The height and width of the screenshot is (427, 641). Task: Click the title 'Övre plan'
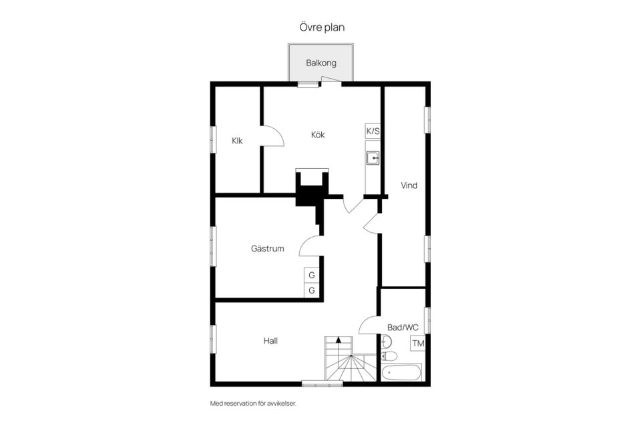[322, 27]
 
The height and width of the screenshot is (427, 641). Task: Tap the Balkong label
[321, 63]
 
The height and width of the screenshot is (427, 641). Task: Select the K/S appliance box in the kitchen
[373, 131]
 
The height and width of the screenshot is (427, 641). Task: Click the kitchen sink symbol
[373, 157]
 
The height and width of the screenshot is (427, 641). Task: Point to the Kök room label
[318, 134]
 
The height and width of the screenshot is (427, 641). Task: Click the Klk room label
[237, 141]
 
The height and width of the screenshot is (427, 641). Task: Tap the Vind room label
[409, 185]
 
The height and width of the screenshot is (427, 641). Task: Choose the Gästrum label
[267, 248]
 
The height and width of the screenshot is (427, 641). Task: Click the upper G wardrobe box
[312, 275]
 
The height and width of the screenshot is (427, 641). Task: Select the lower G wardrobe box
[312, 290]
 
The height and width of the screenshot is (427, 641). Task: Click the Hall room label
[270, 341]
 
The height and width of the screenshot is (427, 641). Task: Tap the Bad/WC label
[403, 328]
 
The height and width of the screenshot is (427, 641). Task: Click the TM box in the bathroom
[418, 343]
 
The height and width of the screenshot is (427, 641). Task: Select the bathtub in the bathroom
[401, 372]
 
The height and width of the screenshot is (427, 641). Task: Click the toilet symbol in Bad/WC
[389, 356]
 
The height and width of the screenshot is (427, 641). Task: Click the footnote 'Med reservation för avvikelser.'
[253, 403]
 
